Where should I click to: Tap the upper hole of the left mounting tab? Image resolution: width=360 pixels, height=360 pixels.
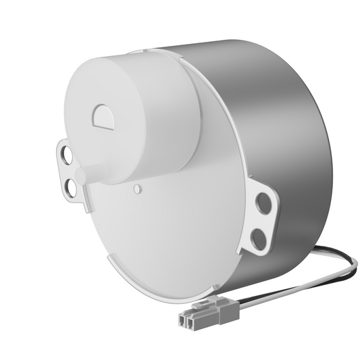tap(68, 155)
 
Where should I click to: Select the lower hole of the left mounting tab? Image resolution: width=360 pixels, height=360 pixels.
tap(70, 186)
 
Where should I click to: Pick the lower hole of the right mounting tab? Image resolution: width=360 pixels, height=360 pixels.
tap(257, 236)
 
